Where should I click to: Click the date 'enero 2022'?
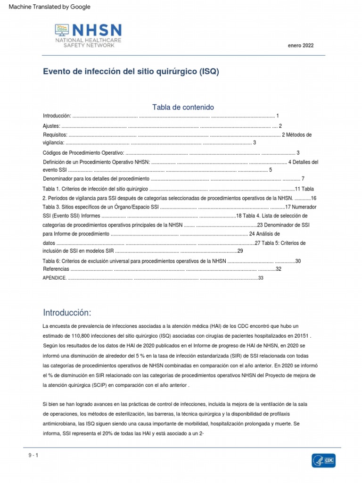(300, 46)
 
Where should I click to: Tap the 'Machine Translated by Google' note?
(46, 7)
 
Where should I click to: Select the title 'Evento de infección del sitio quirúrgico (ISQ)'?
(131, 72)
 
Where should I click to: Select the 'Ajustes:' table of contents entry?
(51, 126)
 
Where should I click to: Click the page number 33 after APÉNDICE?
(260, 278)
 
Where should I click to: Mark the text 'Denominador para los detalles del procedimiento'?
(96, 179)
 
